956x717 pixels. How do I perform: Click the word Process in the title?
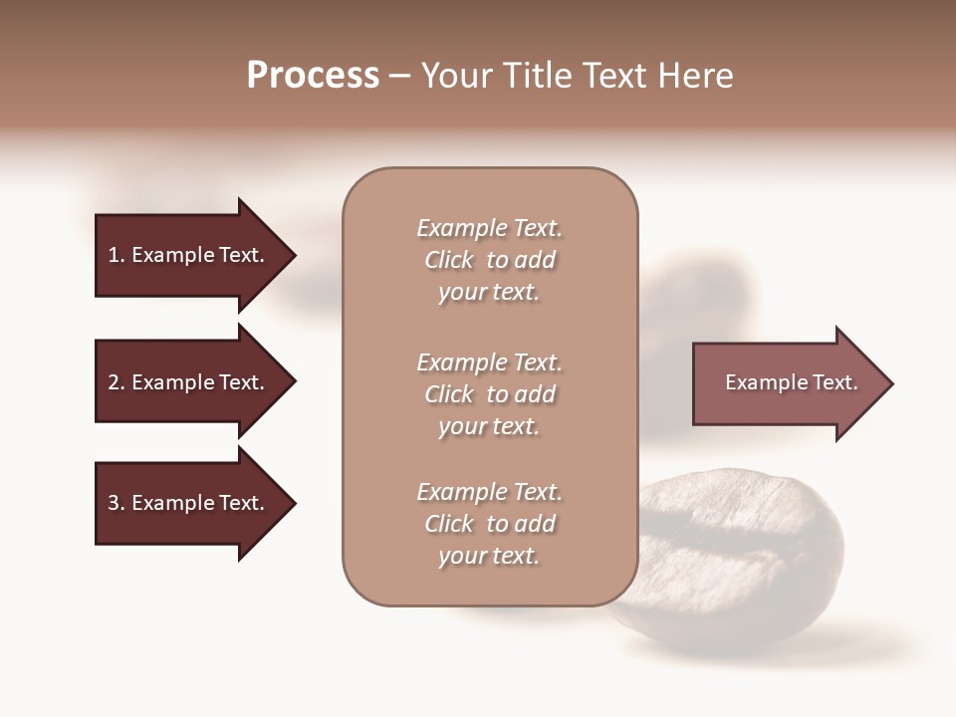313,76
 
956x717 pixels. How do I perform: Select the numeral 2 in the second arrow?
114,382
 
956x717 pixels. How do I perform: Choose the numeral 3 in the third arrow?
114,503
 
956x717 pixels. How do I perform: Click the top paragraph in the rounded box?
489,260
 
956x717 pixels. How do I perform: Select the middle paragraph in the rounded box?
489,394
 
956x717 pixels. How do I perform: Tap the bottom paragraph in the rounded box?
489,524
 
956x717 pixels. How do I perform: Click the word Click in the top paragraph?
448,260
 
